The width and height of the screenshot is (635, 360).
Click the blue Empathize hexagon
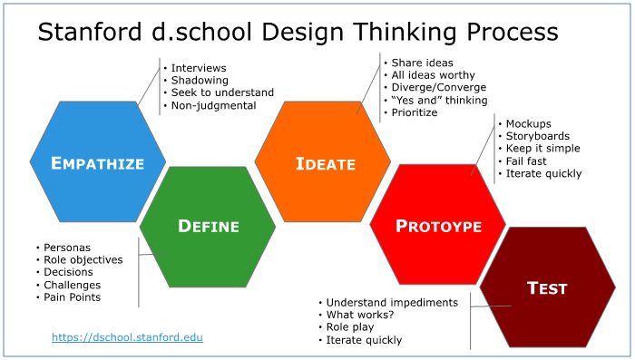pos(98,163)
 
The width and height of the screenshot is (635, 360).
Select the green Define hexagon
pos(208,226)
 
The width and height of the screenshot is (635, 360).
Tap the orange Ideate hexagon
pos(323,163)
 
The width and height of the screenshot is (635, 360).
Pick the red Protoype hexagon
pos(438,226)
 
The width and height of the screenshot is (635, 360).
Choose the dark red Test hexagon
pos(547,288)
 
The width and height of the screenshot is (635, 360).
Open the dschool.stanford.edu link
pos(127,337)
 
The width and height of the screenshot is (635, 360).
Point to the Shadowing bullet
pos(199,81)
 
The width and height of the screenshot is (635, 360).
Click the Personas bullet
pos(66,247)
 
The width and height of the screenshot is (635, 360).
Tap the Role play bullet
pos(357,327)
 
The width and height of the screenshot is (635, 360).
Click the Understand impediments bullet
pos(392,302)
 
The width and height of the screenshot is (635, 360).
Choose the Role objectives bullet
pos(83,259)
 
